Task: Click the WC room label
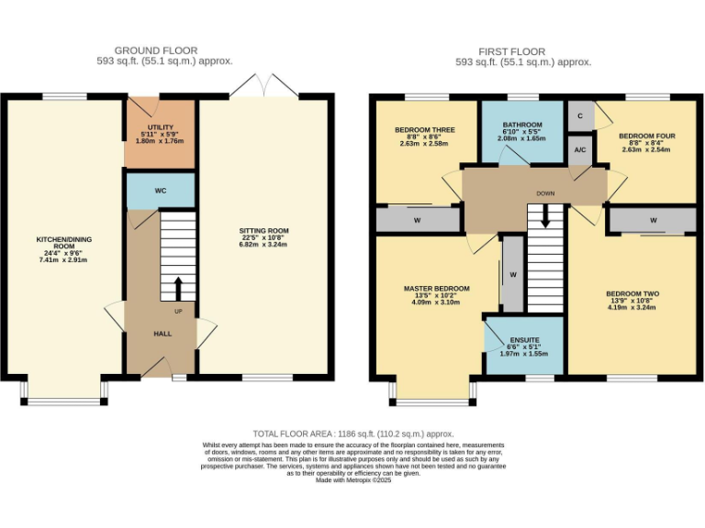(x=160, y=192)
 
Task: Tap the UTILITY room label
(x=161, y=128)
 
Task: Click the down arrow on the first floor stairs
(x=545, y=217)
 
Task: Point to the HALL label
(x=162, y=334)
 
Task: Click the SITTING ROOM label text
(x=263, y=232)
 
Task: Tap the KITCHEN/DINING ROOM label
(x=63, y=243)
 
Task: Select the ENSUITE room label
(x=523, y=340)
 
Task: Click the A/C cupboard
(x=580, y=150)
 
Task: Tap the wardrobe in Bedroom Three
(x=418, y=220)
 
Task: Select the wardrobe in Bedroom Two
(x=653, y=220)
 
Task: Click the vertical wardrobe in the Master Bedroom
(x=512, y=274)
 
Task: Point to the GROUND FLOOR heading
(x=155, y=50)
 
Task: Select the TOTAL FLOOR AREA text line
(x=353, y=434)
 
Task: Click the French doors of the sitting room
(x=264, y=88)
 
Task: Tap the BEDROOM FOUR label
(x=646, y=136)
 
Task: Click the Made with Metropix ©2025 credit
(x=353, y=479)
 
